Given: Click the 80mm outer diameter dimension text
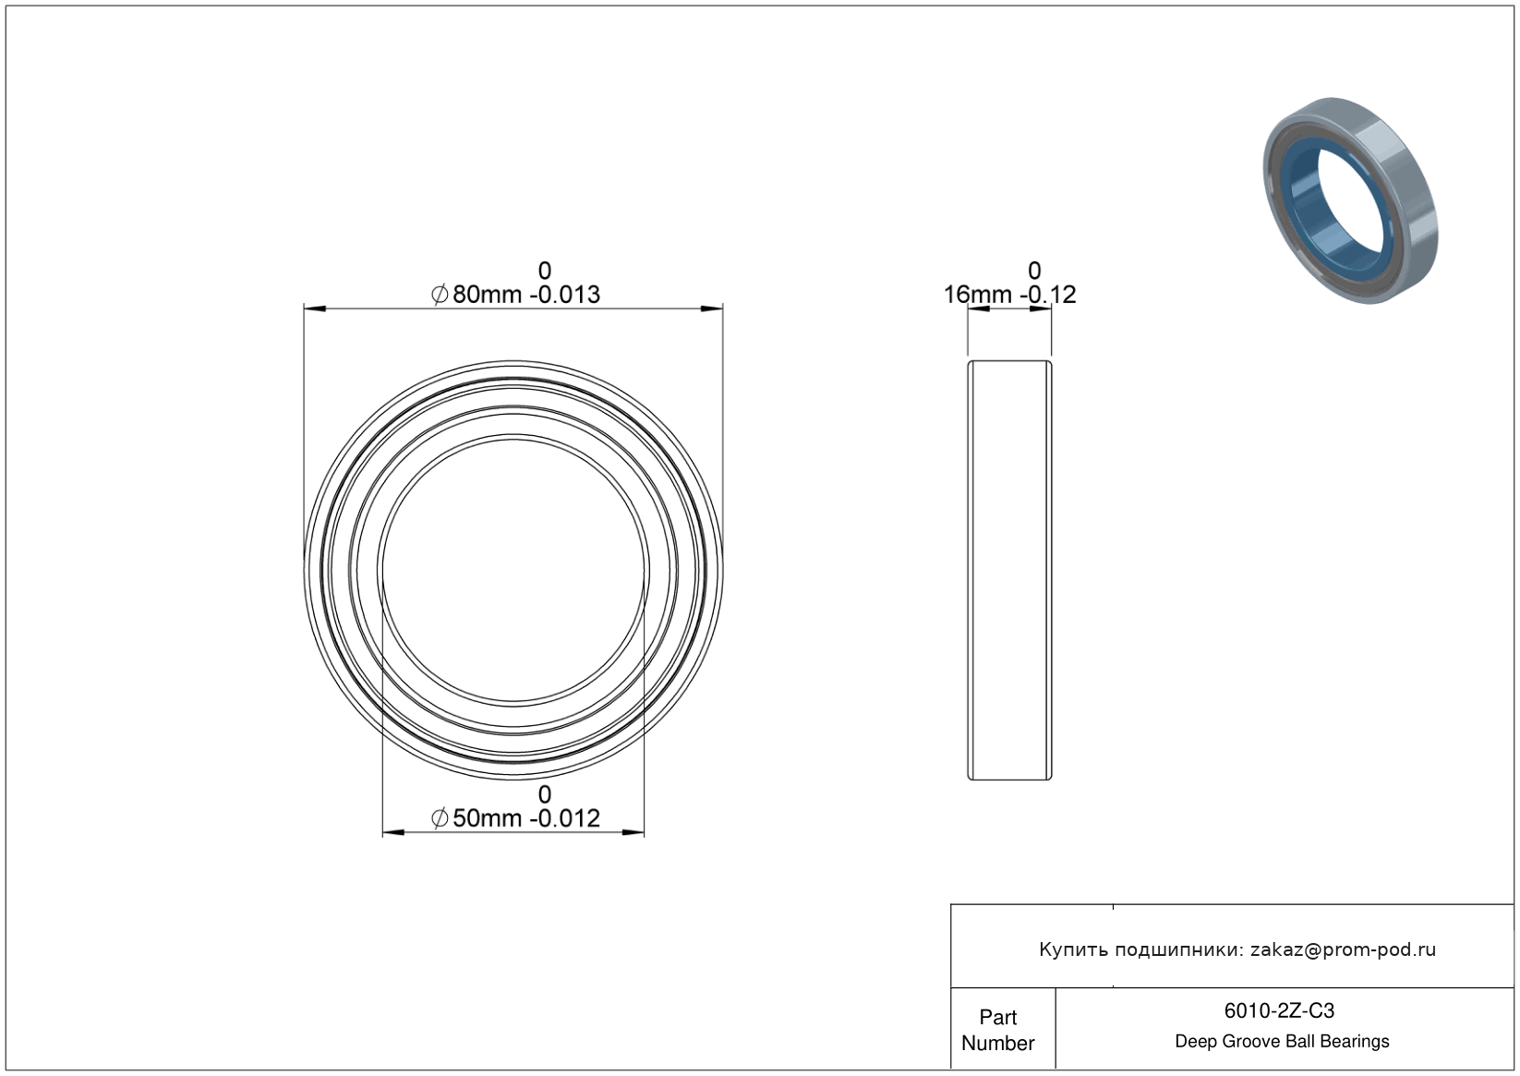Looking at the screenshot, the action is click(x=488, y=295).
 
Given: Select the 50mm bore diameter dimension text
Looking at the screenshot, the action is click(x=488, y=818).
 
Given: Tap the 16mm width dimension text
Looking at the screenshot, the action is click(x=978, y=295).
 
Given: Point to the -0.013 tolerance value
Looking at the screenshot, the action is click(x=565, y=295).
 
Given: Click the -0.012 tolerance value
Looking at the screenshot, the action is click(x=565, y=818).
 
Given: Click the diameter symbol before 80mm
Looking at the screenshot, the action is click(x=439, y=295).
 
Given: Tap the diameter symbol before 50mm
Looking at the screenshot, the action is click(x=439, y=818).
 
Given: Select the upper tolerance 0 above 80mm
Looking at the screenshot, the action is click(x=544, y=271).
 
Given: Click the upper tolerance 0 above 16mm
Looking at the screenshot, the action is click(x=1034, y=271).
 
